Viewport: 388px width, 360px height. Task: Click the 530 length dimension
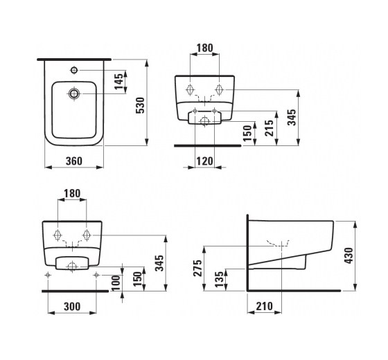pyautogui.click(x=140, y=105)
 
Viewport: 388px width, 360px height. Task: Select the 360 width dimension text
pyautogui.click(x=73, y=161)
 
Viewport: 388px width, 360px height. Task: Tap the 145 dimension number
pyautogui.click(x=118, y=82)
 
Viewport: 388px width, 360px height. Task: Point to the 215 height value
pyautogui.click(x=270, y=128)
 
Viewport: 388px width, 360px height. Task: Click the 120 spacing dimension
pyautogui.click(x=204, y=161)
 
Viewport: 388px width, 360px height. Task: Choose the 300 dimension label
pyautogui.click(x=72, y=307)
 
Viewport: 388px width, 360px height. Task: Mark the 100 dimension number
pyautogui.click(x=116, y=282)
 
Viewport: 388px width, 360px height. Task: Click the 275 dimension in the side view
pyautogui.click(x=197, y=268)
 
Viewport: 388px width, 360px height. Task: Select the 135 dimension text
pyautogui.click(x=219, y=280)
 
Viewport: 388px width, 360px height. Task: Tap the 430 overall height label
pyautogui.click(x=349, y=255)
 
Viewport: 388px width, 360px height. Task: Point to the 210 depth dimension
pyautogui.click(x=264, y=306)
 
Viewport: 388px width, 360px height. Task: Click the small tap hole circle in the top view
pyautogui.click(x=74, y=70)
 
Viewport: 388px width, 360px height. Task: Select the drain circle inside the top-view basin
pyautogui.click(x=73, y=93)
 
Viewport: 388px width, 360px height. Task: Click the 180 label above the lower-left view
pyautogui.click(x=72, y=193)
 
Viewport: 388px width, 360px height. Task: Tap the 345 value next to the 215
pyautogui.click(x=292, y=117)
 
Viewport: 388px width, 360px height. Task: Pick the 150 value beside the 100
pyautogui.click(x=139, y=279)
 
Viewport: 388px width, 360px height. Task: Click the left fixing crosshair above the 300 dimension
pyautogui.click(x=48, y=275)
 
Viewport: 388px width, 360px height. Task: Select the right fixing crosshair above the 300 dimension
pyautogui.click(x=96, y=275)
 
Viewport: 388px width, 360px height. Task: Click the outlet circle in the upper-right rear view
pyautogui.click(x=204, y=121)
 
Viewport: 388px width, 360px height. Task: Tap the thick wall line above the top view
pyautogui.click(x=74, y=60)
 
